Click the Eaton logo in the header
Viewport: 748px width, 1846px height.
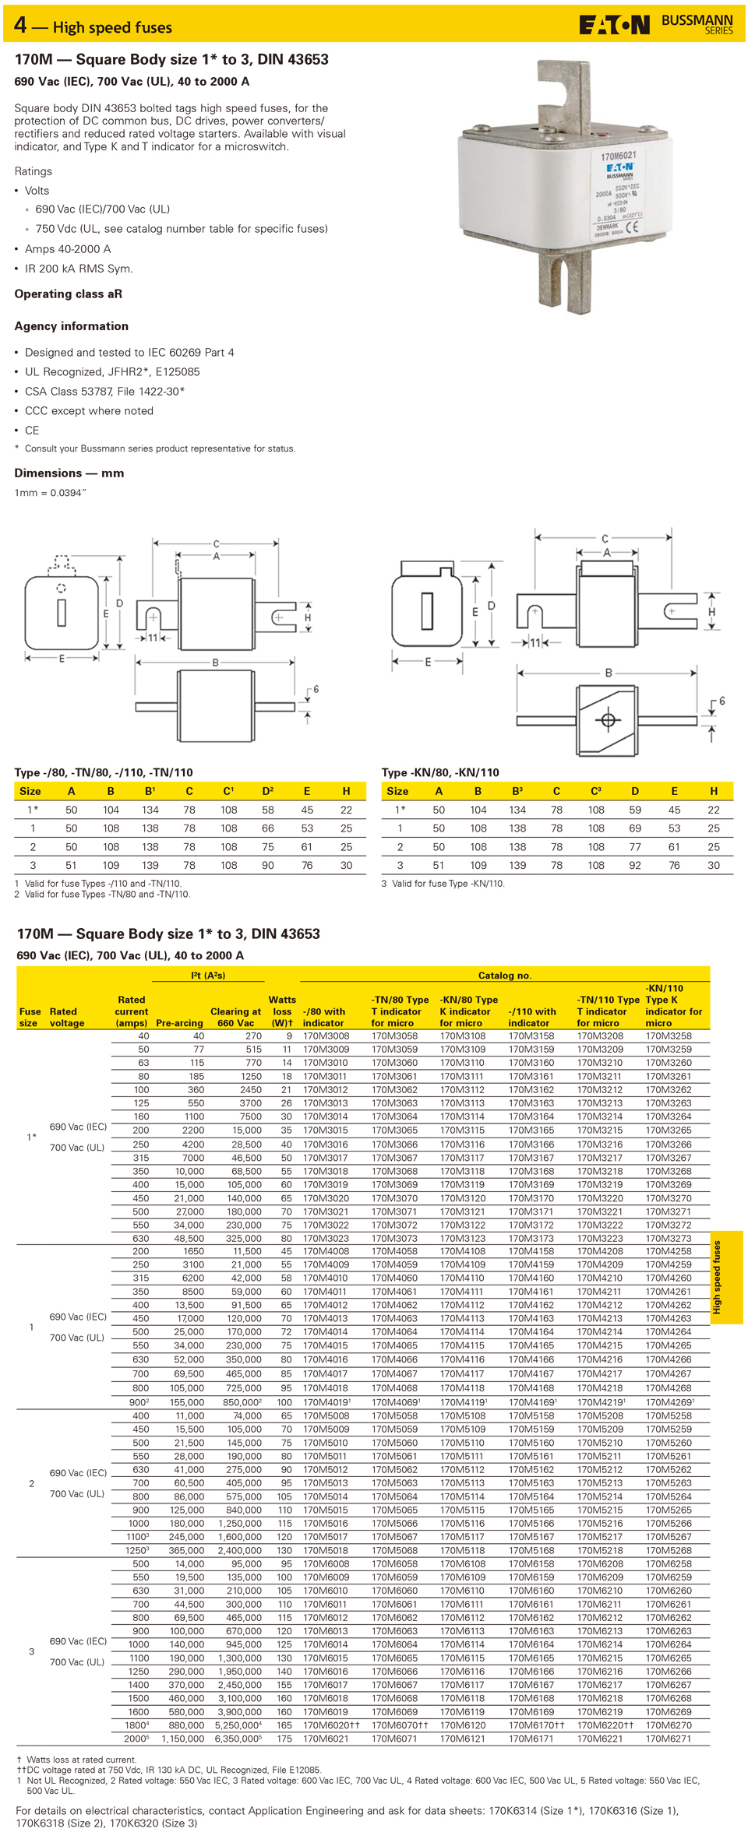(x=614, y=26)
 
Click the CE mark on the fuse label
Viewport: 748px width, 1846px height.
(x=632, y=227)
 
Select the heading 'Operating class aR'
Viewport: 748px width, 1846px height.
(x=69, y=294)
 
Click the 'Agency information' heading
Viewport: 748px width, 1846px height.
(x=72, y=326)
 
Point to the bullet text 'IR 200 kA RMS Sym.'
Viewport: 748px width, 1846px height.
(x=79, y=269)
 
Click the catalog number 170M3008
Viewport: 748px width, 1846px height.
(x=326, y=1036)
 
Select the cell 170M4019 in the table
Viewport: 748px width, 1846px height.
(x=326, y=1402)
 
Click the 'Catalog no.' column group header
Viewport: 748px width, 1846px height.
(x=504, y=976)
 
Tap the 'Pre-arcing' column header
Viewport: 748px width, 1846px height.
(x=179, y=1023)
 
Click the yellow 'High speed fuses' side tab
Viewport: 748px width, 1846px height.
(x=725, y=1277)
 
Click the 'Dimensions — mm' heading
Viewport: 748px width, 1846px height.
(x=69, y=473)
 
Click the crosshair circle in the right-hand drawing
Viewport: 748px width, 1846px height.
(x=609, y=720)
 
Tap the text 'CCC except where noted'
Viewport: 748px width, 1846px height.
(x=89, y=411)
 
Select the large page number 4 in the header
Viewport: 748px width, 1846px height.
(x=20, y=26)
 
